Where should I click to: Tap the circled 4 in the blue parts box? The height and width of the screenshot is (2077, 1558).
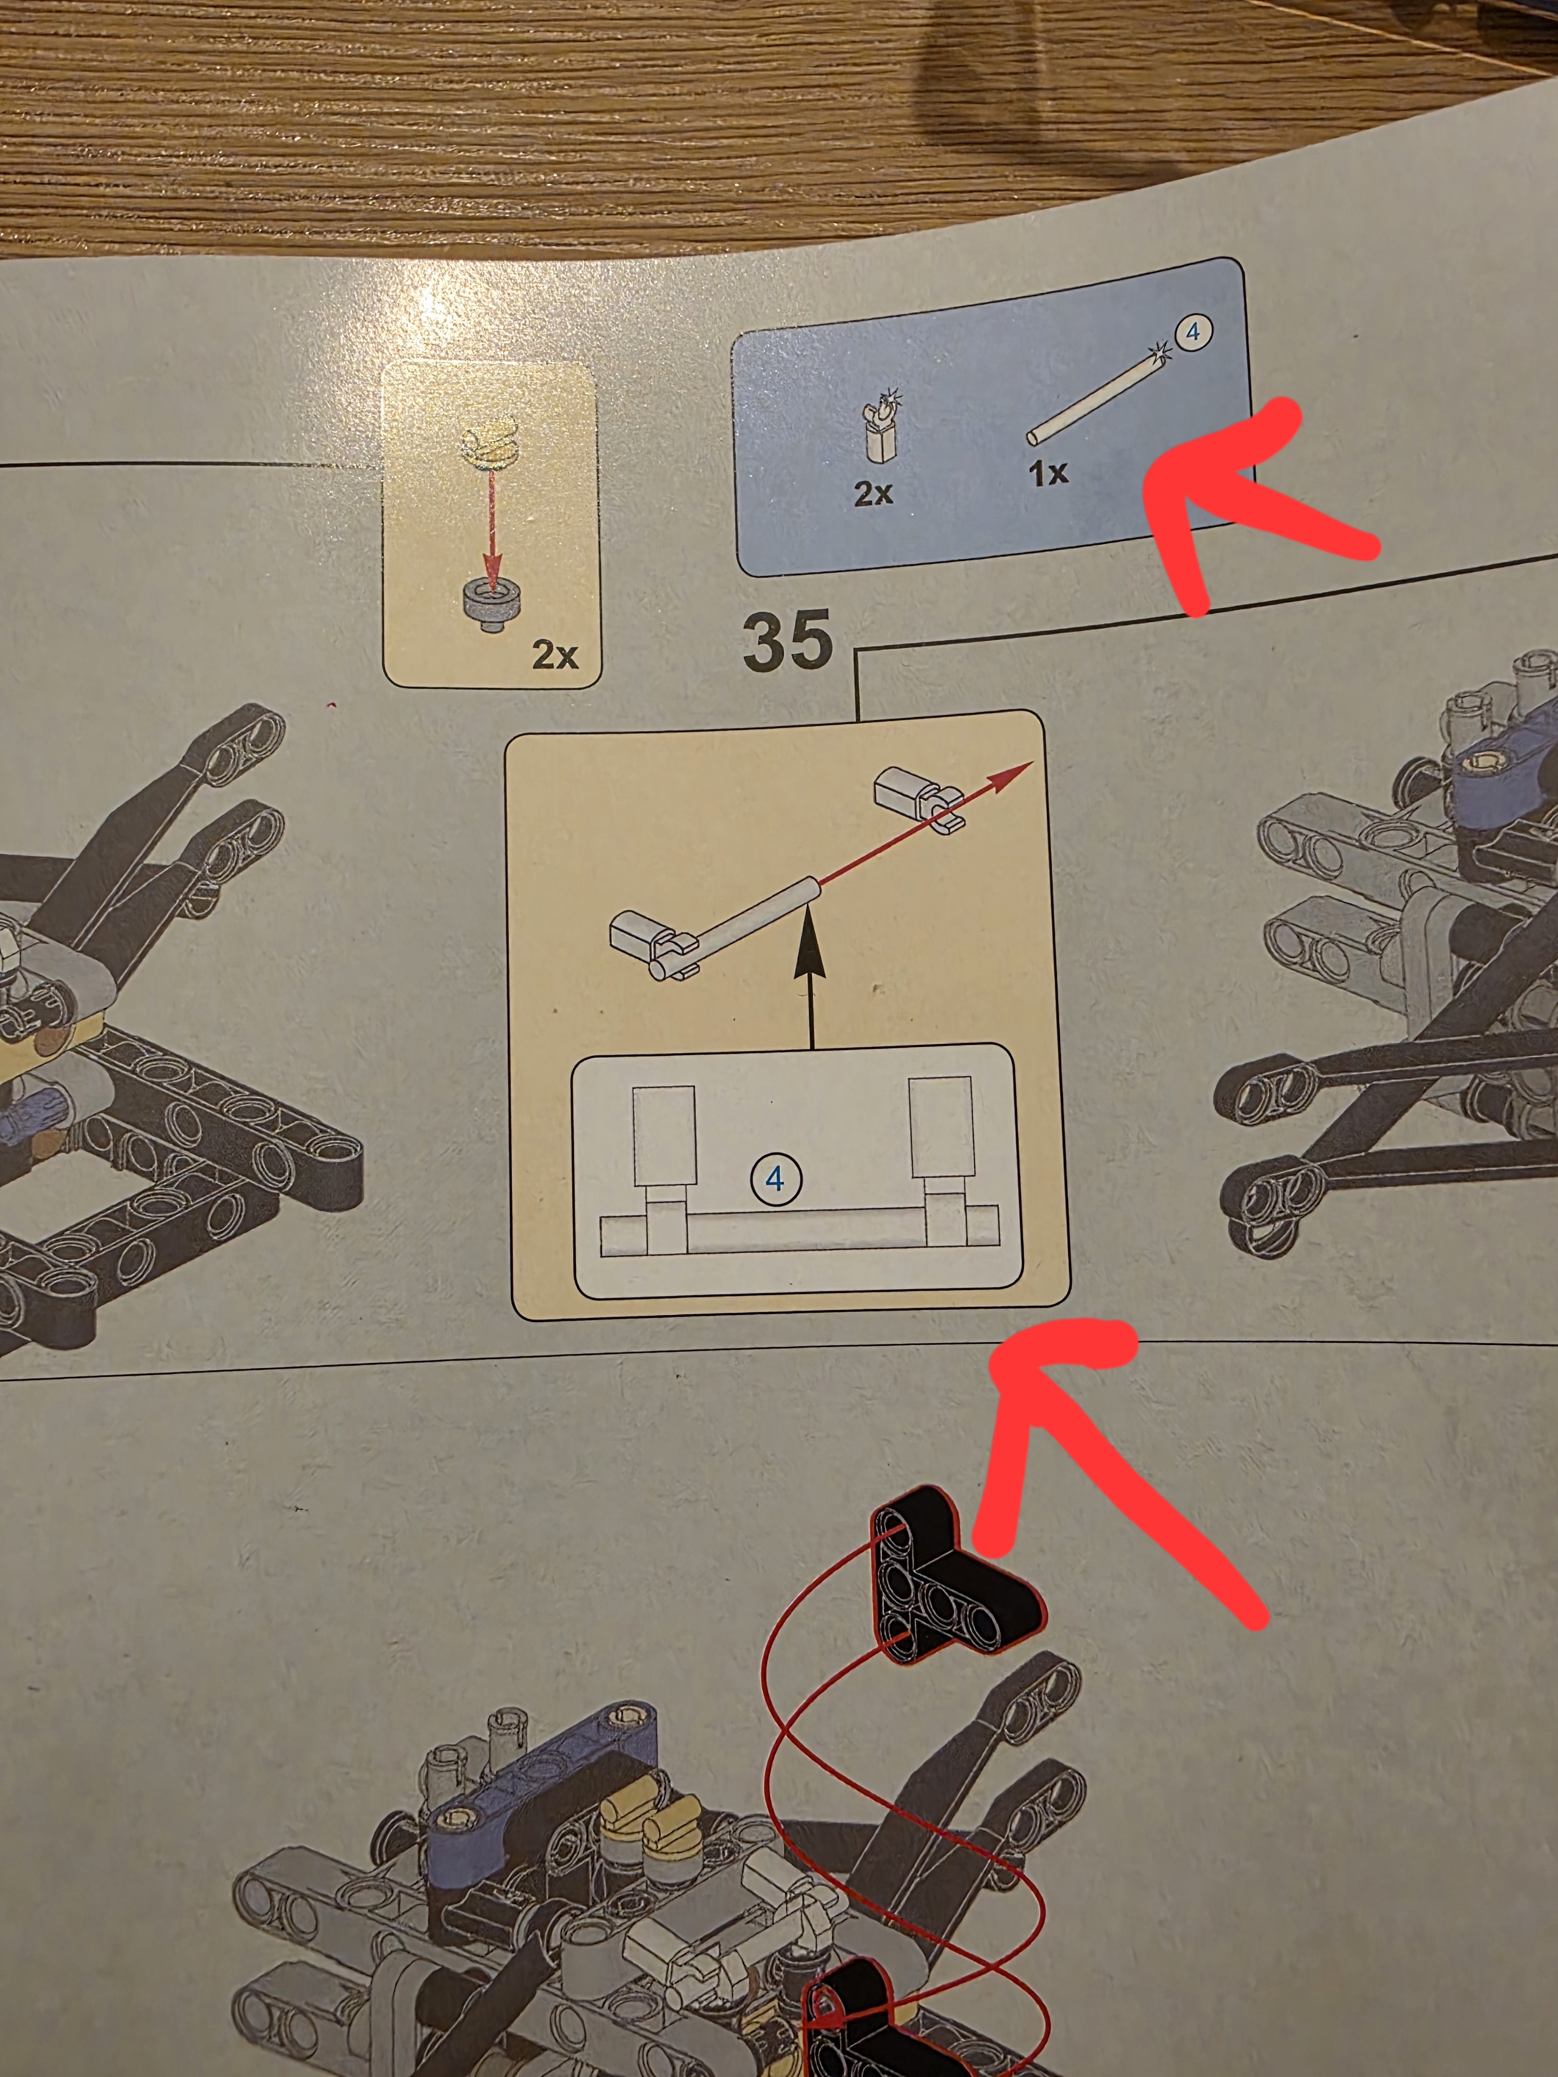point(1193,332)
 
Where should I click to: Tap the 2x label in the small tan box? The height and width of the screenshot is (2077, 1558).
point(555,654)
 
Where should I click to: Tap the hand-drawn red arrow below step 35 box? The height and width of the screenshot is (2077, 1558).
point(1118,1474)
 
